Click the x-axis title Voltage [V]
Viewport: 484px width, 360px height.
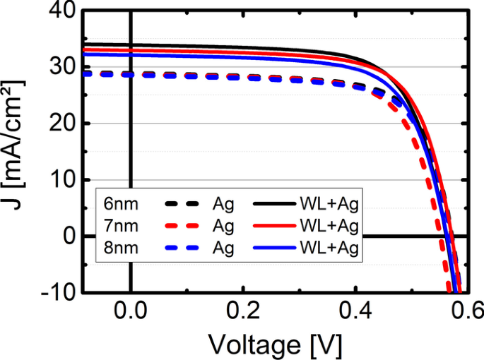(275, 344)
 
